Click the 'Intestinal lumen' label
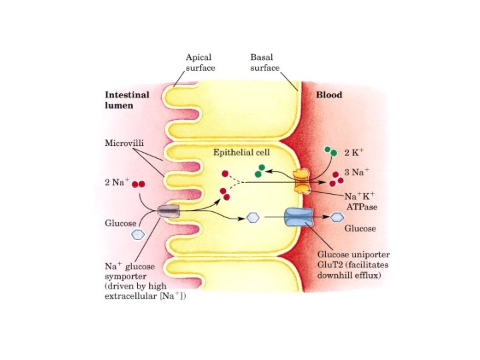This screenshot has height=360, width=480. pyautogui.click(x=127, y=100)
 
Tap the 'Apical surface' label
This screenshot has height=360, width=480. pyautogui.click(x=199, y=63)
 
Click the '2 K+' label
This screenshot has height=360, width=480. pyautogui.click(x=354, y=153)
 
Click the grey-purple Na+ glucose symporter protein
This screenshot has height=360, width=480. pyautogui.click(x=169, y=211)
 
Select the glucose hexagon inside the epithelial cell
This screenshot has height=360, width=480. pyautogui.click(x=253, y=217)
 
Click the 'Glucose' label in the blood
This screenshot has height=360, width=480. pyautogui.click(x=360, y=229)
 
